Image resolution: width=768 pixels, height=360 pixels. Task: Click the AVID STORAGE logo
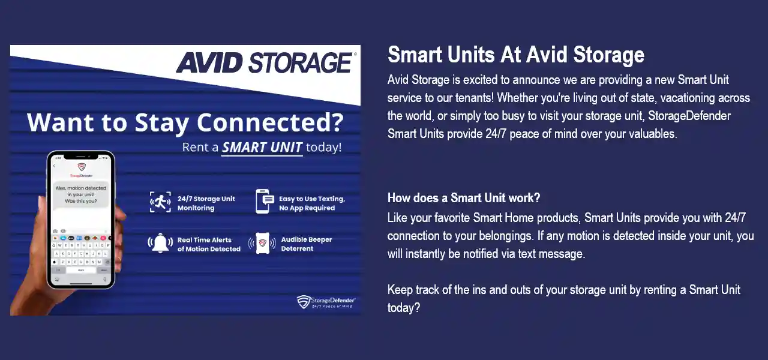(265, 62)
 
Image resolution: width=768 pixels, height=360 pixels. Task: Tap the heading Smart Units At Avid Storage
(515, 55)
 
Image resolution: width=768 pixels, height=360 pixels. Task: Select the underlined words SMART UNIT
(262, 148)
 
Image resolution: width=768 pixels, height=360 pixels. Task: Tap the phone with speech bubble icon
(265, 201)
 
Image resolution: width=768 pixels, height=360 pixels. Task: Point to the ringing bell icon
(160, 243)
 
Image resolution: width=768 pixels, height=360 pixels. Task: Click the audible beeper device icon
(262, 243)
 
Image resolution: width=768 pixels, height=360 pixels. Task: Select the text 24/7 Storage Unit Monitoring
(206, 203)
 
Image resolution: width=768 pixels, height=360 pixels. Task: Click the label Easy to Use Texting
(311, 199)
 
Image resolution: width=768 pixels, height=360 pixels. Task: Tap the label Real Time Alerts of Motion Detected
(208, 244)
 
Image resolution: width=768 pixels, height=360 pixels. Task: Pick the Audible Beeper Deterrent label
(306, 244)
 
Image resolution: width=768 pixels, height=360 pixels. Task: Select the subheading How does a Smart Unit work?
(464, 198)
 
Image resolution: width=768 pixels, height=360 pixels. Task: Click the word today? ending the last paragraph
(403, 308)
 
